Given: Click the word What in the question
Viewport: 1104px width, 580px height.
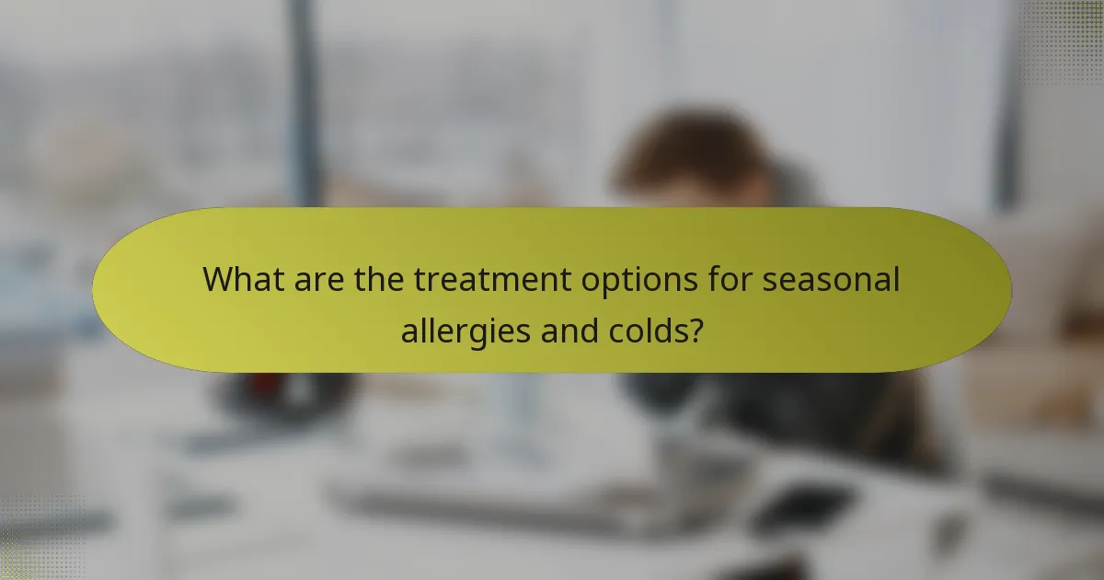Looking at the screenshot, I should click(241, 278).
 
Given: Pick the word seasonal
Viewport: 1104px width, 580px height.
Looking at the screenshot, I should click(830, 278).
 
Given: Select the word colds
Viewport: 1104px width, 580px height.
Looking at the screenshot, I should click(646, 329).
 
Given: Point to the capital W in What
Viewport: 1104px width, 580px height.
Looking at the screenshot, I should click(218, 278).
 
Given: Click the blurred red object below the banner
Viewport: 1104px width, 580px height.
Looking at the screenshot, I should click(267, 379).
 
